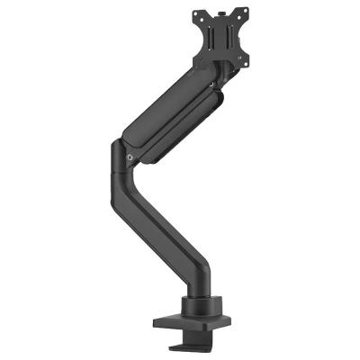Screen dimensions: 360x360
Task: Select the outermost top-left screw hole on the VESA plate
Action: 196,15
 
